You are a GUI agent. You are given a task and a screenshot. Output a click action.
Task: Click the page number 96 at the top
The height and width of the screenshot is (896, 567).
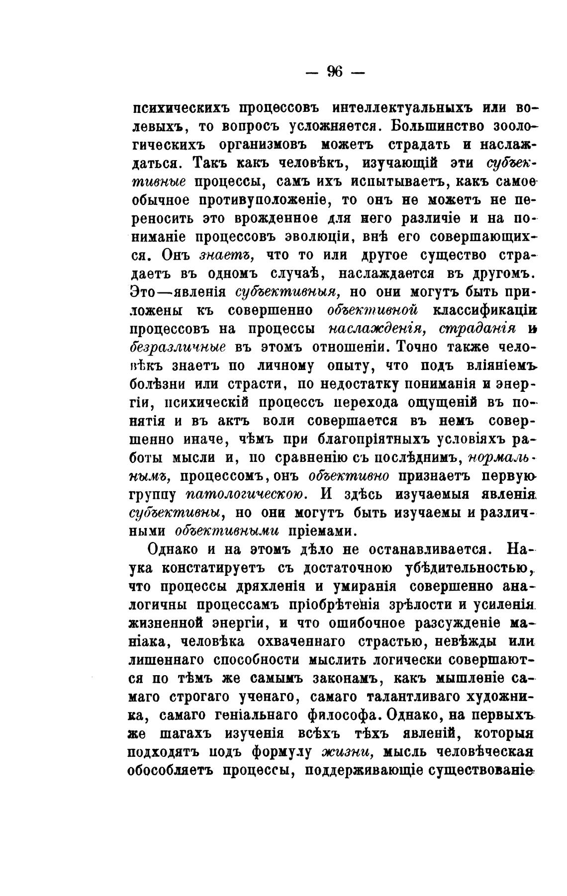click(335, 72)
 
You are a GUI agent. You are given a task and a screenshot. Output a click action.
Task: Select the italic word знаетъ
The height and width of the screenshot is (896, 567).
click(227, 255)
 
